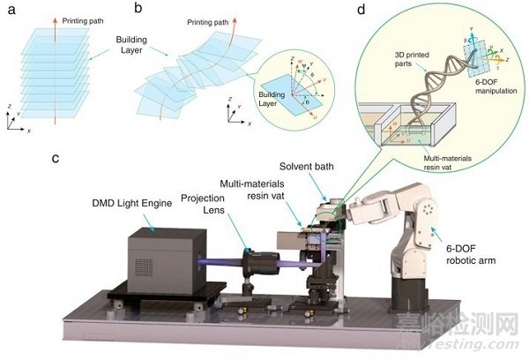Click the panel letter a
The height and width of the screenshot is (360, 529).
point(9,10)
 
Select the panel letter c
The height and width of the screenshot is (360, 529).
point(55,159)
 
